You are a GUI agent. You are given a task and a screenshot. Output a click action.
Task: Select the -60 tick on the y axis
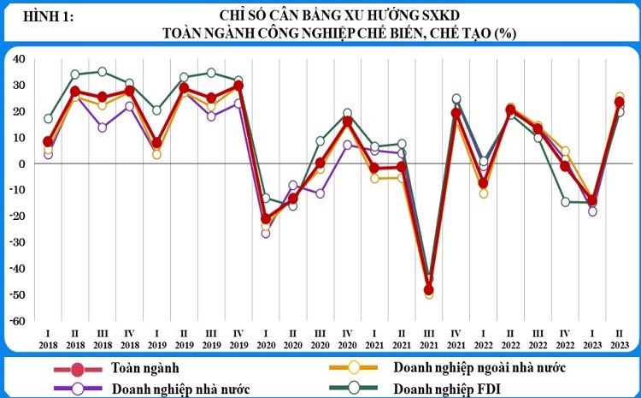pos(17,321)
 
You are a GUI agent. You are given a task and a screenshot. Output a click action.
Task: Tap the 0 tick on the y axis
pos(22,163)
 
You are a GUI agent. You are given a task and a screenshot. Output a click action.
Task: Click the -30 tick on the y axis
pos(17,242)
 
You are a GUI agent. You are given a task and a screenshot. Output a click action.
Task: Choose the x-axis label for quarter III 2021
pos(428,336)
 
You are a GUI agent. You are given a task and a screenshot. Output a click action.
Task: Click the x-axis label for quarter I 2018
pos(48,336)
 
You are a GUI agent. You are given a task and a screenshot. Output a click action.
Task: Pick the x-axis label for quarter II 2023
pos(619,336)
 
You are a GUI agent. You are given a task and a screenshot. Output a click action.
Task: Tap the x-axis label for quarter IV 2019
pos(238,336)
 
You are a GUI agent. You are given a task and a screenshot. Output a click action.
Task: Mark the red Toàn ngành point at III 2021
pos(428,289)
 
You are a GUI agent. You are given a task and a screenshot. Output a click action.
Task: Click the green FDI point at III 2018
pos(103,72)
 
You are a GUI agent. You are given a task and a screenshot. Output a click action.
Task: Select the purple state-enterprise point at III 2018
pos(103,128)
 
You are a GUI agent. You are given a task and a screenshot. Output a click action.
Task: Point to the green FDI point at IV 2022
pos(565,202)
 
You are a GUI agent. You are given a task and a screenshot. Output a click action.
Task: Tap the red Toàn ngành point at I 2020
pos(266,219)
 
